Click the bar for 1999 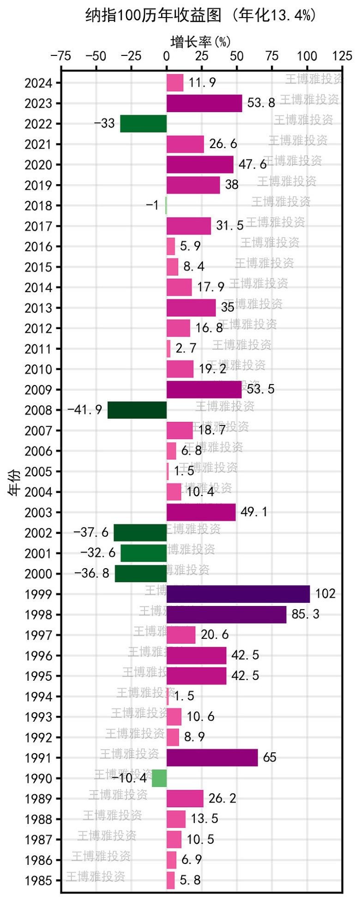click(238, 594)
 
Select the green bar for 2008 click(137, 410)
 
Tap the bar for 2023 click(204, 103)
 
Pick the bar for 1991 click(212, 757)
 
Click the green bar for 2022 click(143, 123)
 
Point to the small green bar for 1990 click(159, 778)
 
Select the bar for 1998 click(226, 614)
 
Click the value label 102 click(325, 594)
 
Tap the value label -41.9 click(85, 410)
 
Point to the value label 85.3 click(306, 614)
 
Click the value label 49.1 click(254, 512)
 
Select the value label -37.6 click(91, 533)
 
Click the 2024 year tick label click(38, 83)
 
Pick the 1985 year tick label click(38, 881)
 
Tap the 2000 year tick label click(38, 574)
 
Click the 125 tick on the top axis click(342, 56)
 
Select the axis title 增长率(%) click(201, 42)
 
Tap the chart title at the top click(201, 16)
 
